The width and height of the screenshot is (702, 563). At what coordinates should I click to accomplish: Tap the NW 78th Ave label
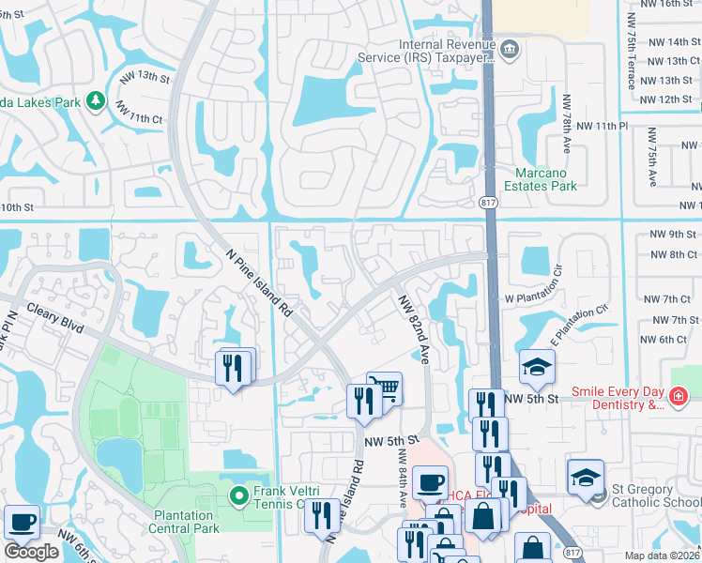[567, 123]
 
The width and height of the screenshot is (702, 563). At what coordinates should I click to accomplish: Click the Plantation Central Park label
[184, 521]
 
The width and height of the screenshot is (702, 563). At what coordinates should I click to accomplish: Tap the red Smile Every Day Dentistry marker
[678, 398]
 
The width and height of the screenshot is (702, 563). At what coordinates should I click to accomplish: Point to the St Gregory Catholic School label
[656, 495]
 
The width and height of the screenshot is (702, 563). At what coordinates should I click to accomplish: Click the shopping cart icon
[384, 388]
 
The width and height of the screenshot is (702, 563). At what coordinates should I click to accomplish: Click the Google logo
[31, 552]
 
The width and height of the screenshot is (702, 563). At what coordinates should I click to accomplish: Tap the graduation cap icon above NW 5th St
[537, 369]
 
